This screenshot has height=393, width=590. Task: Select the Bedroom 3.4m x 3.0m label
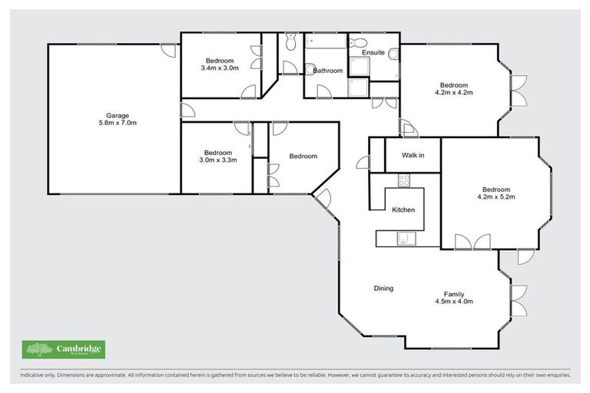220,64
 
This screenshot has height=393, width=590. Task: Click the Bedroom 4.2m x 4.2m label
453,88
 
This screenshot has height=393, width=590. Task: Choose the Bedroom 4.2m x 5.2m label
496,193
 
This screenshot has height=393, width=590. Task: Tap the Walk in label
413,156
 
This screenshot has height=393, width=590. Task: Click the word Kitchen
403,210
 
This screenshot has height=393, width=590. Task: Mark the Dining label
383,289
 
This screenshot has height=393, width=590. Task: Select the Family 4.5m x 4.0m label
453,297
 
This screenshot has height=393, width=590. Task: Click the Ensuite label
373,52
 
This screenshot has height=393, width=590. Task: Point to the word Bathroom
327,71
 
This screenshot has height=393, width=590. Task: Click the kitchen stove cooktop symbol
403,180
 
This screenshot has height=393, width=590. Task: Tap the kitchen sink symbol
403,239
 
